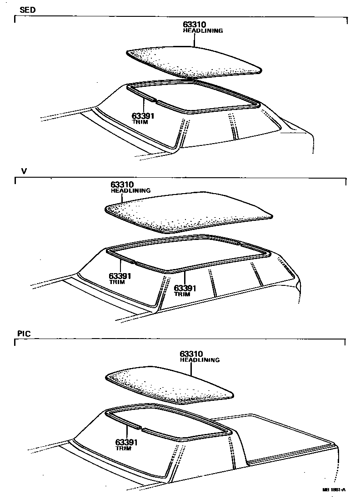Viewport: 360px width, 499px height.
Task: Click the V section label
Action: point(24,171)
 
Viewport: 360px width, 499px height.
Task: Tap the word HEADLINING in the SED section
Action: point(203,31)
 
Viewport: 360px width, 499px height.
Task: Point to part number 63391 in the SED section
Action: point(143,116)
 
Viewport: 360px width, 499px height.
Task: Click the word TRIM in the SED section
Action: point(137,122)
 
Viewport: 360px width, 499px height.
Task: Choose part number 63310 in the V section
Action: point(122,185)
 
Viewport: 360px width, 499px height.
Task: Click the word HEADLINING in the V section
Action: point(130,191)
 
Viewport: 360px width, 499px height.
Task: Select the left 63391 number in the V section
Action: point(120,276)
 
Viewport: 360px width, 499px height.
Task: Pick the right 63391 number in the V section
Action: point(185,288)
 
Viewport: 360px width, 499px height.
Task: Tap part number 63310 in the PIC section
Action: point(191,354)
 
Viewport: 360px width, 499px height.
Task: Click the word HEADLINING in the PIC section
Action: point(200,360)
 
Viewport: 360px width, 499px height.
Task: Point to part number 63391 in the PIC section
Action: point(126,442)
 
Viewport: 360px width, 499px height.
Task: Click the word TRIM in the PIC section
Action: point(123,449)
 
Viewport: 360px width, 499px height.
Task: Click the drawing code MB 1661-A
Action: point(334,489)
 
